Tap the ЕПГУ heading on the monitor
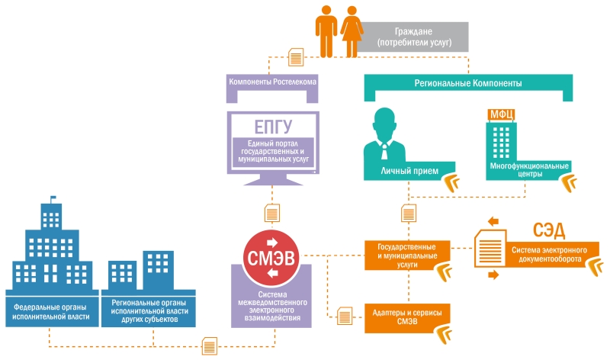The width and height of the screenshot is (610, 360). [273, 127]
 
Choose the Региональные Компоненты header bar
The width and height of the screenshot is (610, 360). [473, 82]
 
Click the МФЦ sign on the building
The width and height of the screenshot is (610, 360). [502, 116]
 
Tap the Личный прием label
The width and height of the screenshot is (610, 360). [409, 170]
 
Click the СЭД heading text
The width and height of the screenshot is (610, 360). [553, 229]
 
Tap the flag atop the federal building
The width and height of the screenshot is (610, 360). [54, 201]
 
